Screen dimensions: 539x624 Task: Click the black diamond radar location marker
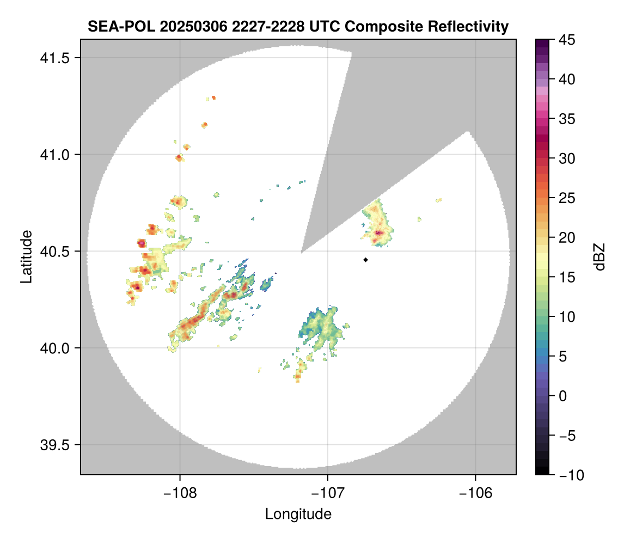[365, 260]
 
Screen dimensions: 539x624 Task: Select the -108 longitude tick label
[179, 493]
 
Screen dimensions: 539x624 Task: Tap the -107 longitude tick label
[327, 493]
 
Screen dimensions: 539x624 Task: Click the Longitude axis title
[298, 514]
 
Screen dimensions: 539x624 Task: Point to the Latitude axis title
[26, 256]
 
